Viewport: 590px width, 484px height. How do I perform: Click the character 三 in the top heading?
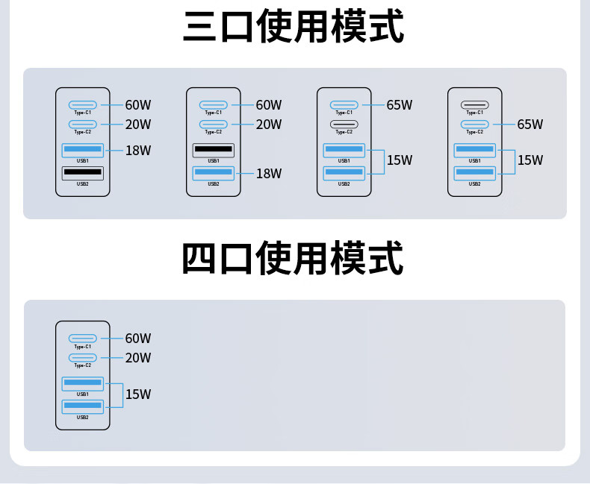tap(201, 26)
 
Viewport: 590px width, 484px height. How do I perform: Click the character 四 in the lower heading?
tap(200, 259)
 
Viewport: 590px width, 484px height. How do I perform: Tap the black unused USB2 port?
tap(82, 173)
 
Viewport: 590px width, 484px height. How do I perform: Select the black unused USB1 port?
tap(213, 150)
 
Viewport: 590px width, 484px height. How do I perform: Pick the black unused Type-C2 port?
tap(344, 124)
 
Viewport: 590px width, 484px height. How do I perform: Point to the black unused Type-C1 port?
tap(474, 105)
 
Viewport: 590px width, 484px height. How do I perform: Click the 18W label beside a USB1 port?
tap(138, 151)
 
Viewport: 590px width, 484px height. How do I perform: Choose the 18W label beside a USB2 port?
tap(269, 174)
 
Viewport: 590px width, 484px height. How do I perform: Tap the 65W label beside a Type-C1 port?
tap(400, 105)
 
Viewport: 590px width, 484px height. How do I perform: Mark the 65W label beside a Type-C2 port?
tap(530, 125)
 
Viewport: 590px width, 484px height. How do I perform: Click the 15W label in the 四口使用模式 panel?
tap(138, 395)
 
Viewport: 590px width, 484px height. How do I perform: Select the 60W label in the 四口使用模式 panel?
tap(138, 339)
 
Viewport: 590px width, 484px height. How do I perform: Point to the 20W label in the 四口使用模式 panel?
tap(138, 358)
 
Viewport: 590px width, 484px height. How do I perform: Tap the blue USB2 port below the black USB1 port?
tap(213, 173)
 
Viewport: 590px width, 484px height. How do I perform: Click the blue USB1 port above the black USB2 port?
tap(82, 151)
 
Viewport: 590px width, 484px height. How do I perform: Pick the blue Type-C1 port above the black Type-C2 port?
tap(344, 105)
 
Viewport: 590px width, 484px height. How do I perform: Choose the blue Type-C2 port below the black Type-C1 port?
tap(474, 124)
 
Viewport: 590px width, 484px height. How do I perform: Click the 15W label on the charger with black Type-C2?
tap(400, 160)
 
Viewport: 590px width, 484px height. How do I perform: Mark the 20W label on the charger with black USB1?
tap(269, 125)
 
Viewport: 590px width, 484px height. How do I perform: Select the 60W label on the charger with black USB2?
tap(138, 105)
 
